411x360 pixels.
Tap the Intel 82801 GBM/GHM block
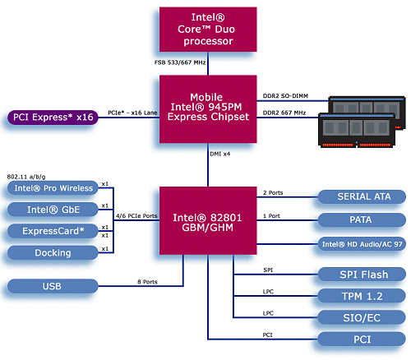208,220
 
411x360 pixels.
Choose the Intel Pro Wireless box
52,188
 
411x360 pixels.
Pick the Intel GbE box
52,210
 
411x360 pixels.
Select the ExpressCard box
52,231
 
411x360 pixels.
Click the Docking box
52,252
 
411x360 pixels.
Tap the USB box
52,286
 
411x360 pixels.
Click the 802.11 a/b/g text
26,175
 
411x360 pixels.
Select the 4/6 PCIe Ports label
136,216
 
